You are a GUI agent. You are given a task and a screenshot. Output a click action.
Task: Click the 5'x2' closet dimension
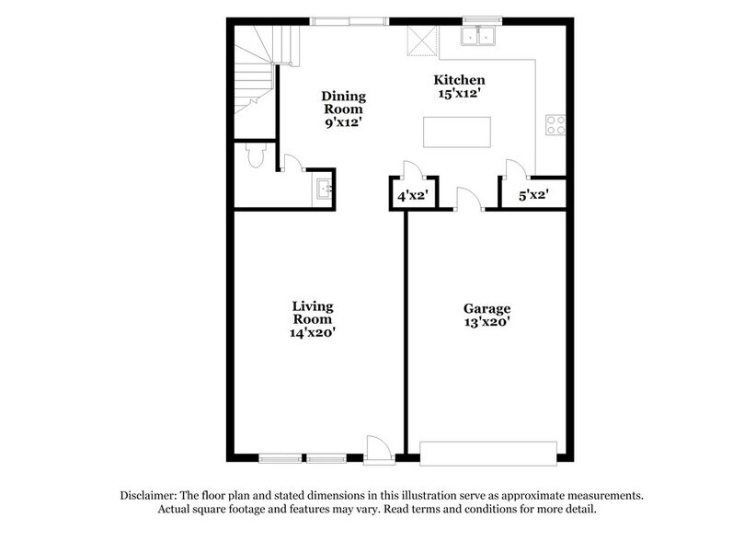pos(532,195)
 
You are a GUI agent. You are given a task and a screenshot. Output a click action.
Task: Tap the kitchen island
pos(454,132)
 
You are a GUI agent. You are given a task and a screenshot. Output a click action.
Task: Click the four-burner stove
pos(555,124)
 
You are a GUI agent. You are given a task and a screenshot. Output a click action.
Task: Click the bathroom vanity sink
pos(323,190)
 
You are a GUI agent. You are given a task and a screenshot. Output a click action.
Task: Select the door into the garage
pos(466,199)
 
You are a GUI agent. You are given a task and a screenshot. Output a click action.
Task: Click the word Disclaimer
pos(155,494)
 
